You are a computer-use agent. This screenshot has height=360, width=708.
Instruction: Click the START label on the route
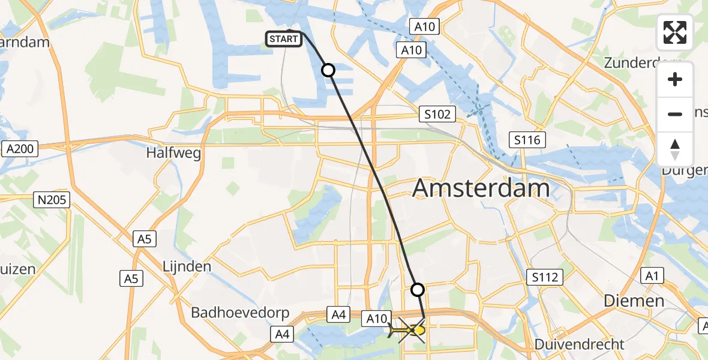[283, 40]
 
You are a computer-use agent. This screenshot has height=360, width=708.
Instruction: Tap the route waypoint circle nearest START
[328, 70]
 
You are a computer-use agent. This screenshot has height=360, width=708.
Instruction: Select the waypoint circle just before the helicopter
[418, 290]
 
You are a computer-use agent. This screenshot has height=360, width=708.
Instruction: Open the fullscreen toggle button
[675, 32]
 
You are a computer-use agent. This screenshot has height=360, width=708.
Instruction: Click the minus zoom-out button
[675, 115]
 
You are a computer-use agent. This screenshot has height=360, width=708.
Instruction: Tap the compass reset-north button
[675, 149]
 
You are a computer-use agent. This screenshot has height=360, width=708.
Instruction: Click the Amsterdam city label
[481, 188]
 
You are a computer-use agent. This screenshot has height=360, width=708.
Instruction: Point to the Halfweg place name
[173, 153]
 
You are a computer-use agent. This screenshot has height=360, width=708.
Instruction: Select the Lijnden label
[187, 266]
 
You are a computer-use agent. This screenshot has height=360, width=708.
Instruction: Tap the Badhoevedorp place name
[240, 313]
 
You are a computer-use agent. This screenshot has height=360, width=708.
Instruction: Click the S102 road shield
[437, 114]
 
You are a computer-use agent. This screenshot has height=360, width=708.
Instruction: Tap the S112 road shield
[545, 277]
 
